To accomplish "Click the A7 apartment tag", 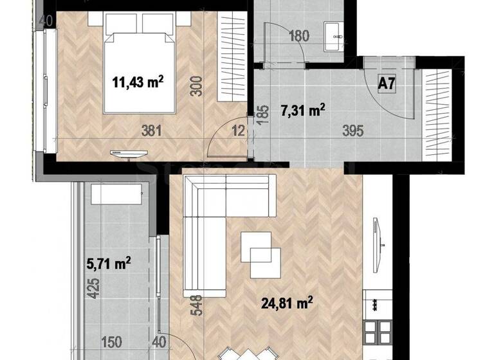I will coord(386,83).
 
